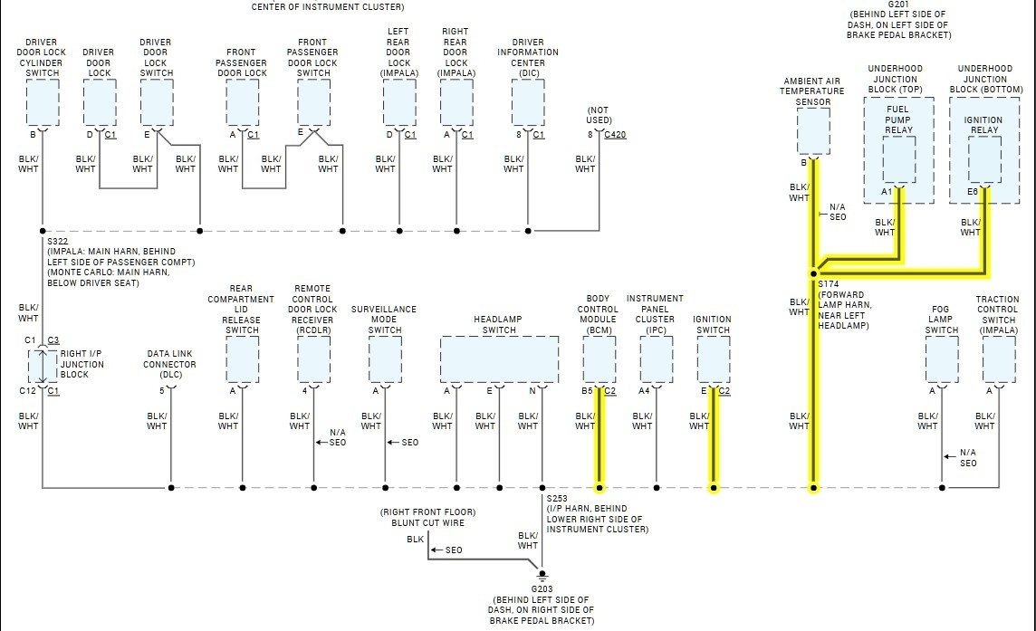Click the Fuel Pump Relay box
898,160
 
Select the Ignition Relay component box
984,160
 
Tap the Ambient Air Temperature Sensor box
813,131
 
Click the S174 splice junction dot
813,272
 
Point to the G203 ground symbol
542,576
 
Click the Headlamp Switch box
499,359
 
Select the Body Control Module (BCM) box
599,359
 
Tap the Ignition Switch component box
713,359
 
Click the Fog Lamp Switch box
942,359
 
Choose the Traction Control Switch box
999,359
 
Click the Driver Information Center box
528,102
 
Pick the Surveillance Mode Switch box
385,359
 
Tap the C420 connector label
614,135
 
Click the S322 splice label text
57,241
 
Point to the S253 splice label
557,498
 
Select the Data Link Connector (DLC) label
169,364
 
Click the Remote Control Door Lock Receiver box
313,359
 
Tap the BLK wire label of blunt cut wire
415,540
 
